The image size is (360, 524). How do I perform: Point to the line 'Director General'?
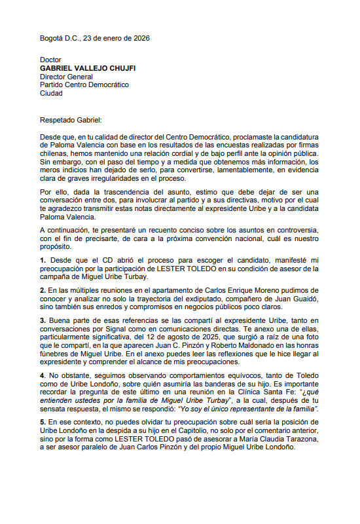(x=66, y=77)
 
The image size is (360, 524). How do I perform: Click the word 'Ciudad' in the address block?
(x=51, y=94)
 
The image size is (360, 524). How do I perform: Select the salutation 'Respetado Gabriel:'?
(x=71, y=120)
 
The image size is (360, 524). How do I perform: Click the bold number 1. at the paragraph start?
(x=43, y=260)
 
